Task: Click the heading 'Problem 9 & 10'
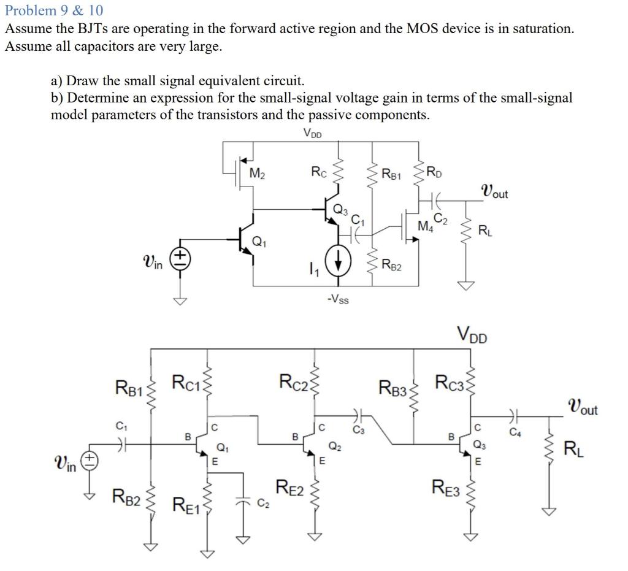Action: pyautogui.click(x=55, y=10)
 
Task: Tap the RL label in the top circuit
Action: pyautogui.click(x=484, y=231)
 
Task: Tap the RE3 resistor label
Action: pyautogui.click(x=446, y=488)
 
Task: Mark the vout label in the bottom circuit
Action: pyautogui.click(x=583, y=407)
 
